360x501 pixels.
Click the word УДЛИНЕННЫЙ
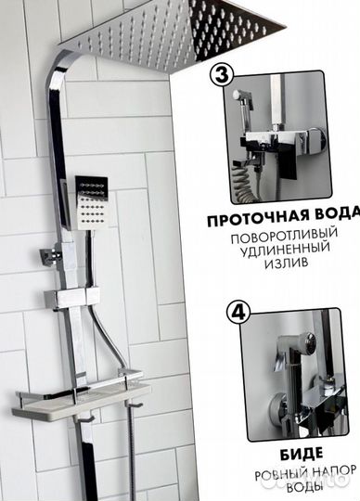coord(290,253)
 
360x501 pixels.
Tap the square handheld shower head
coord(92,199)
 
